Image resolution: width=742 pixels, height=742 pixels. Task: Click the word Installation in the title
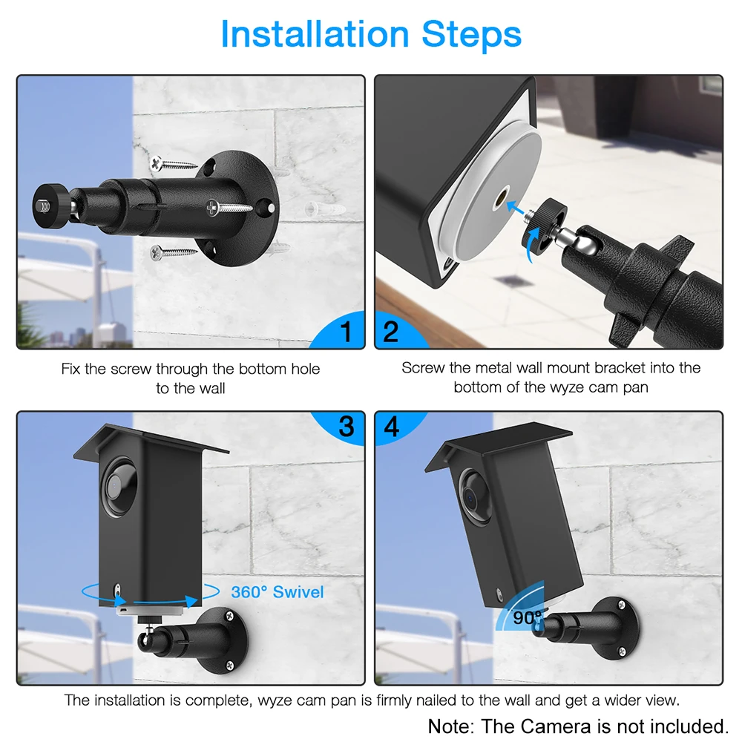(315, 34)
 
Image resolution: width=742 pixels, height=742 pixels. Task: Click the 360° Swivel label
(278, 591)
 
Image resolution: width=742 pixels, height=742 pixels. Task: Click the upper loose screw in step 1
(173, 165)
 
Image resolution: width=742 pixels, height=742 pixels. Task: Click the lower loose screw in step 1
(173, 253)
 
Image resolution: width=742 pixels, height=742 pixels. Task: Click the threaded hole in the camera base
(502, 197)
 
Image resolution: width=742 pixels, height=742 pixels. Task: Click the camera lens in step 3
(117, 486)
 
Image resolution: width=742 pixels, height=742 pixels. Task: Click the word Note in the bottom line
(450, 726)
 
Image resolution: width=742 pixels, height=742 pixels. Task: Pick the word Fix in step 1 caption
(70, 369)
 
